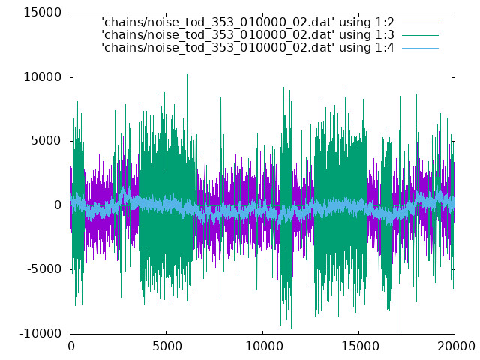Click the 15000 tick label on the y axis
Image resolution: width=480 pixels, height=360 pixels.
(43, 13)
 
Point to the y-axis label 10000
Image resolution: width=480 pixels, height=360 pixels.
(43, 76)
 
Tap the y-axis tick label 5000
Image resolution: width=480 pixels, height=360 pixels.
(46, 141)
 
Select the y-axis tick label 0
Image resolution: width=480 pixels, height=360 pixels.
(58, 205)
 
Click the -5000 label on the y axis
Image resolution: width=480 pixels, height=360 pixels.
(44, 269)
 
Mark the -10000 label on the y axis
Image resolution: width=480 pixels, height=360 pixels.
(40, 333)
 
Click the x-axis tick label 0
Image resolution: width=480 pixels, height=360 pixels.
(71, 346)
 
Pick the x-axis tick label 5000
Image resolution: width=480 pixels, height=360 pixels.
(167, 346)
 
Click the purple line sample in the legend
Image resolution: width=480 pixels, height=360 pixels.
(420, 22)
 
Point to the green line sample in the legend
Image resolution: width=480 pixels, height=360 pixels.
(420, 35)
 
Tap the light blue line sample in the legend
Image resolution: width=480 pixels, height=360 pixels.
(420, 48)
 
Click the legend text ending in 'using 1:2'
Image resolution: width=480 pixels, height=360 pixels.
(247, 22)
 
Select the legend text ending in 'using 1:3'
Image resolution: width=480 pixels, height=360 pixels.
(247, 35)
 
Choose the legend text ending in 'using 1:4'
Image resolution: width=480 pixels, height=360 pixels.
(247, 48)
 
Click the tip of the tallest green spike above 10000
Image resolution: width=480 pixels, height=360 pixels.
(187, 73)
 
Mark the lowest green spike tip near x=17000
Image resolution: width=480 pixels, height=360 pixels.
(398, 331)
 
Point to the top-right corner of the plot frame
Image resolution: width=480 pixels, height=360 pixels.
(454, 13)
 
